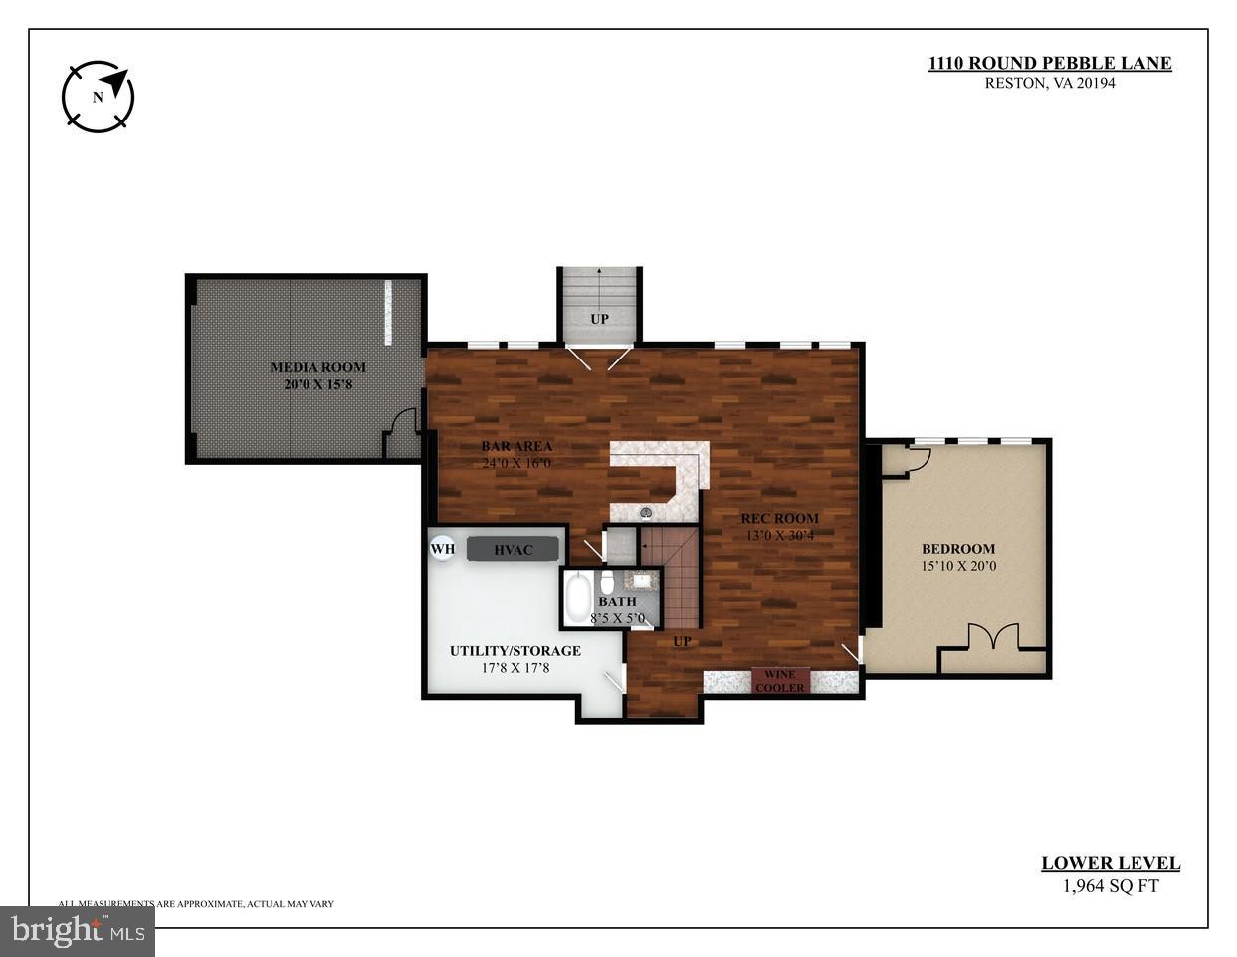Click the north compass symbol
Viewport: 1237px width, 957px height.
tap(98, 97)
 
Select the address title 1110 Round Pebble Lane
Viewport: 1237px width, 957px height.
tap(1050, 63)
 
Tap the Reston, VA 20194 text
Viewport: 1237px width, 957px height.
tap(1050, 83)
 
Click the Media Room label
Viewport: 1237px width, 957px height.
tap(317, 367)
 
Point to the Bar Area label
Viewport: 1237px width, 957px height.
tap(516, 446)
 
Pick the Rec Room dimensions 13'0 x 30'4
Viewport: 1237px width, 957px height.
tap(779, 535)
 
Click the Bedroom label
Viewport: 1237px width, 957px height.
tap(957, 549)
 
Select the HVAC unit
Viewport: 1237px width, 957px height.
tap(513, 549)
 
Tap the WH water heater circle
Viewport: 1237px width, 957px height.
tap(442, 548)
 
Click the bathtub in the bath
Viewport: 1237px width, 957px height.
tap(578, 598)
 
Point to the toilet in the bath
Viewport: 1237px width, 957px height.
tap(607, 582)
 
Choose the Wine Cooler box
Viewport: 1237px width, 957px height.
tap(780, 681)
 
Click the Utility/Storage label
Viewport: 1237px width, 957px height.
tap(515, 651)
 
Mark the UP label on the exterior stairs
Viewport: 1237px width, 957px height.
tap(599, 319)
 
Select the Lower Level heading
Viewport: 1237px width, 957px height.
tap(1110, 864)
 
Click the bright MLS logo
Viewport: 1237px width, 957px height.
tap(77, 932)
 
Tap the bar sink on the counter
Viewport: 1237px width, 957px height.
tap(645, 513)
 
